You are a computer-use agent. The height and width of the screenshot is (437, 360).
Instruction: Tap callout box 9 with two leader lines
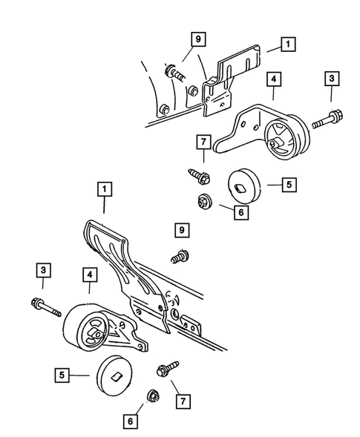[x=197, y=38]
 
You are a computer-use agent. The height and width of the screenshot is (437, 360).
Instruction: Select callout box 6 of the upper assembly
[x=240, y=211]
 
